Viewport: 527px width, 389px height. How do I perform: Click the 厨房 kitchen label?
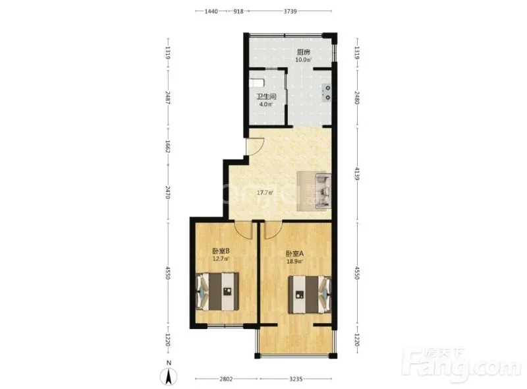[303, 52]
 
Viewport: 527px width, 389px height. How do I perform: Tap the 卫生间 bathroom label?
[267, 96]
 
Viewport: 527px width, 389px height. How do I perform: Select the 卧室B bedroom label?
[221, 251]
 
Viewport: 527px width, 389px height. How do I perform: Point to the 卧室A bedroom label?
[294, 254]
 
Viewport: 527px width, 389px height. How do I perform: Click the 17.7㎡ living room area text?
[265, 193]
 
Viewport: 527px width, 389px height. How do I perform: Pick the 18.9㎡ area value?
[294, 261]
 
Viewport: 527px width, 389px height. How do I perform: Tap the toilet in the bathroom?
[256, 83]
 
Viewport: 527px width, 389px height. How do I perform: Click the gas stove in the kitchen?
[327, 93]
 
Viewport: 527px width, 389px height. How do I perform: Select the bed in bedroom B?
[217, 291]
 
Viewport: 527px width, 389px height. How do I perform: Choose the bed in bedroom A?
[310, 295]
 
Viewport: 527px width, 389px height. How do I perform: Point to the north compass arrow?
[169, 376]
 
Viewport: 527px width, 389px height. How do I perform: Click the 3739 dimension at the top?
[290, 11]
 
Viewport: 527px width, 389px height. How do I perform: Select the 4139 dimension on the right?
[356, 173]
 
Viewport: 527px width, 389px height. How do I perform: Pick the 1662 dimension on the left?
[168, 147]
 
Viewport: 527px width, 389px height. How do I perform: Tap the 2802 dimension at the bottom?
[226, 379]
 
